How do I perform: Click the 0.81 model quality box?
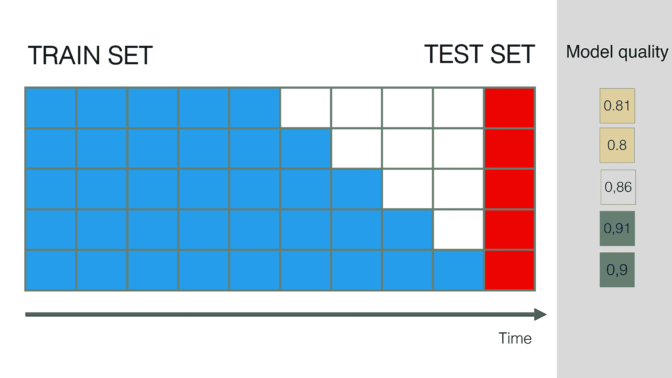[617, 105]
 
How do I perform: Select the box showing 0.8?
[617, 145]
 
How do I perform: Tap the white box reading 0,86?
[618, 187]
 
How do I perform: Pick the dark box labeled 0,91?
[617, 228]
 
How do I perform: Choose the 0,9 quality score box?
[617, 270]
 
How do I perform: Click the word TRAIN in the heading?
[64, 55]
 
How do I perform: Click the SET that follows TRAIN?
[130, 55]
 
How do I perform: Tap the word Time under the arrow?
[515, 338]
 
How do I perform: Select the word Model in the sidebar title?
[590, 52]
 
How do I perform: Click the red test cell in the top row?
[509, 108]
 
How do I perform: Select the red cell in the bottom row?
[509, 270]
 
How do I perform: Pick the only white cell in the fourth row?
[458, 229]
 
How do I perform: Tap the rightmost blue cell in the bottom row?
[458, 270]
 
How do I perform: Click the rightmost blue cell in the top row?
[254, 108]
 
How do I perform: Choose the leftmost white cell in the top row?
[305, 108]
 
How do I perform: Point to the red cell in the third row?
[509, 189]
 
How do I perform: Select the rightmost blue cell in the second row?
[305, 149]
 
